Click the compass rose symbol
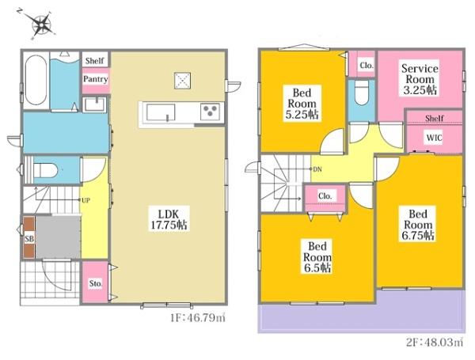40,24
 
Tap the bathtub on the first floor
36,80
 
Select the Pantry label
96,79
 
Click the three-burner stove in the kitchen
210,112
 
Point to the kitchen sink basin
161,112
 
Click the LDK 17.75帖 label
169,219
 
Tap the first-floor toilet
45,170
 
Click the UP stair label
86,200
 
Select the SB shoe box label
29,239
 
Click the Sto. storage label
96,283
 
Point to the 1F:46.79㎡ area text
197,317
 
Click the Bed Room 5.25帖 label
302,104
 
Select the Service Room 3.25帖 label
420,79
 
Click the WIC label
434,138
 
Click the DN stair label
317,169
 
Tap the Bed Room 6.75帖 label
418,225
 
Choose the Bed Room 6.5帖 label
317,257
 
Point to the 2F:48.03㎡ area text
435,342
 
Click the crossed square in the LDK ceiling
182,81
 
